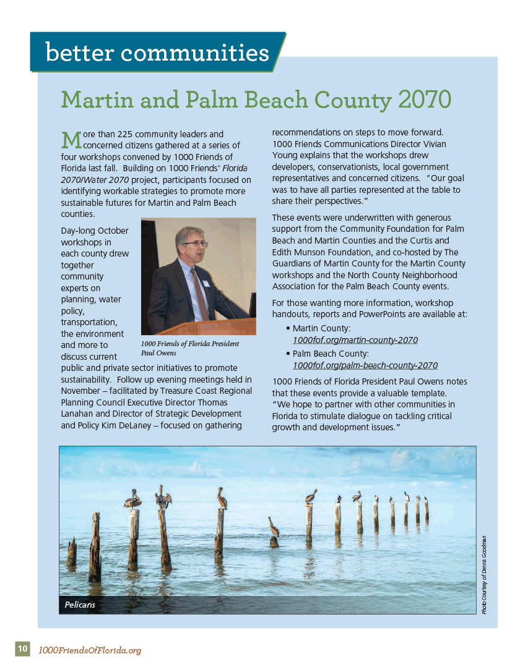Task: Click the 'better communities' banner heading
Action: (x=157, y=53)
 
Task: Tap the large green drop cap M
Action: (x=71, y=139)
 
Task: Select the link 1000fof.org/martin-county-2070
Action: (x=355, y=340)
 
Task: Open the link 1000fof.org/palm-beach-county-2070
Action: (x=365, y=365)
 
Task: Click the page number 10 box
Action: (x=22, y=649)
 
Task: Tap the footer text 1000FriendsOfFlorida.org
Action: (x=90, y=650)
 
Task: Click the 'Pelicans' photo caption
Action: (x=80, y=605)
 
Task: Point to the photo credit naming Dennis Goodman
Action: (x=483, y=574)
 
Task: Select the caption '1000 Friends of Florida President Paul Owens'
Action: (x=189, y=348)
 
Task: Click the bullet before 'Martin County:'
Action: (x=288, y=328)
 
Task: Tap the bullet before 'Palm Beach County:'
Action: (x=288, y=354)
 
